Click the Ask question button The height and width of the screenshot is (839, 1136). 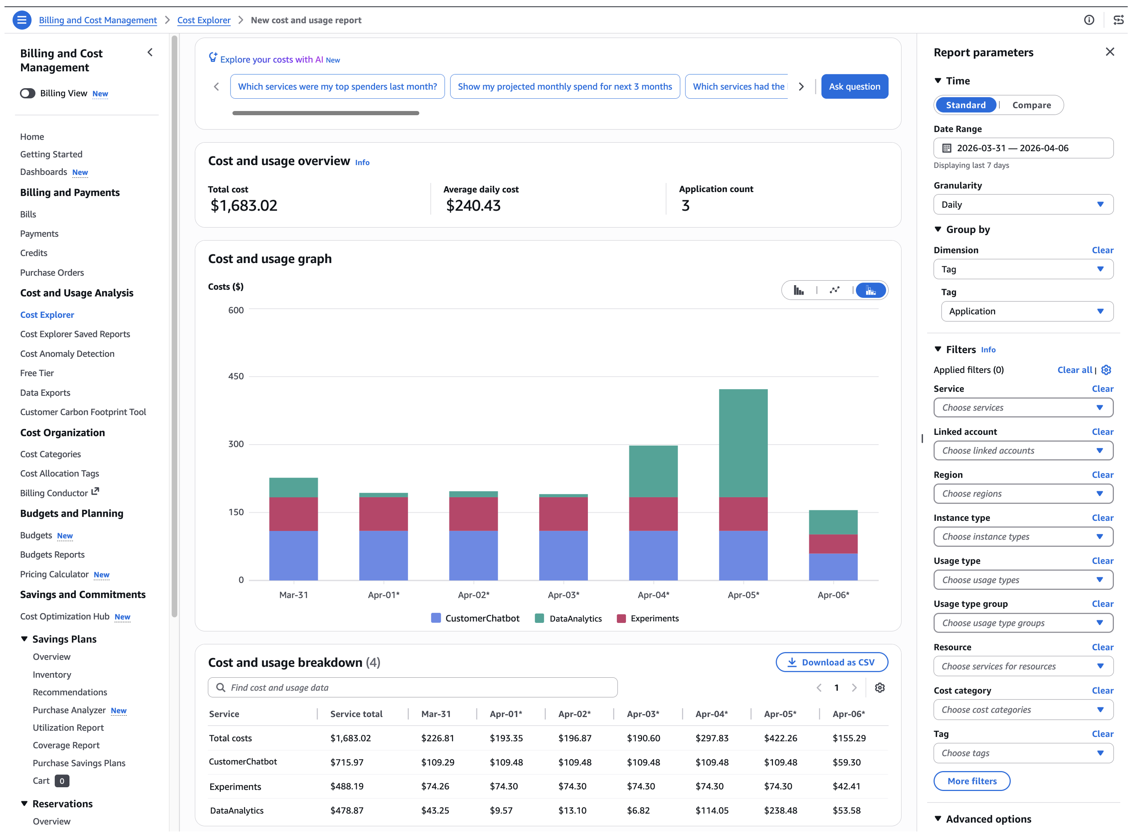[x=854, y=86]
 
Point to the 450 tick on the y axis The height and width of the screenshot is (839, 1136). [x=236, y=376]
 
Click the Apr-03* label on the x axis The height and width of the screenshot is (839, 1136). [x=563, y=595]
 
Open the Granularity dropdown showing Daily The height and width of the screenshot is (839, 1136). [x=1023, y=204]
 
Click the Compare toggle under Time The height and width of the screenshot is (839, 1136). [x=1031, y=105]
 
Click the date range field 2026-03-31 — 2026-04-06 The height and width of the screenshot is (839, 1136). [x=1023, y=148]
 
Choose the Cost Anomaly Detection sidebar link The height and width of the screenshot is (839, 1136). [x=67, y=353]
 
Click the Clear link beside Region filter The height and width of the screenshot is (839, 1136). [x=1102, y=475]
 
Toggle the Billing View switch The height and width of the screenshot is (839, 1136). [x=27, y=93]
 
